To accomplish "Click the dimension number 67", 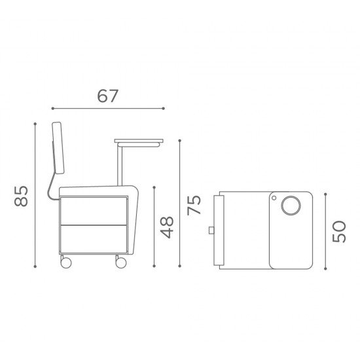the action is [x=108, y=96].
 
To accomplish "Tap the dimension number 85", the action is [x=21, y=196].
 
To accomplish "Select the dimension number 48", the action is [x=167, y=227].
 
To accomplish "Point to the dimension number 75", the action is [x=194, y=205].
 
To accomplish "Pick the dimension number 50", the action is [x=339, y=232].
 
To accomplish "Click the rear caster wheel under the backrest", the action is [x=66, y=262].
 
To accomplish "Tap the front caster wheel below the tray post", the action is [x=121, y=262].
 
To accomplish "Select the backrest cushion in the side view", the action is [x=58, y=148].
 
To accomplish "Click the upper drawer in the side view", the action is [x=94, y=211].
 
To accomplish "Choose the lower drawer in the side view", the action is [x=94, y=239].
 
